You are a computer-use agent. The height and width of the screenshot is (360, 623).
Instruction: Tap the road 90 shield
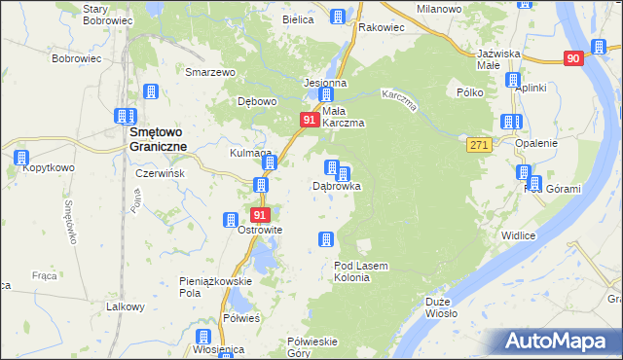[x=572, y=58]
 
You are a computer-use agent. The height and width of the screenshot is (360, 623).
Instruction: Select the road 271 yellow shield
[x=477, y=144]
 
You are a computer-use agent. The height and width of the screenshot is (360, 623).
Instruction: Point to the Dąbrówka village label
[x=337, y=185]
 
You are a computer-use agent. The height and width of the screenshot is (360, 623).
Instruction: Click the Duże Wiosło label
[x=443, y=308]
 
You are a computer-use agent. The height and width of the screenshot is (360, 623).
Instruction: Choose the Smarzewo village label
[x=212, y=72]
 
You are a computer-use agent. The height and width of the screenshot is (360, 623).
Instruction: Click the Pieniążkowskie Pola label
[x=215, y=286]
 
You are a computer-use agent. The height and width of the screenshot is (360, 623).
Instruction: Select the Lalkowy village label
[x=126, y=306]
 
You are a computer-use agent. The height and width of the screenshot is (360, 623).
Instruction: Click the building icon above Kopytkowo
[x=20, y=156]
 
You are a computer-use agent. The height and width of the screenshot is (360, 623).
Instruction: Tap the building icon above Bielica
[x=338, y=17]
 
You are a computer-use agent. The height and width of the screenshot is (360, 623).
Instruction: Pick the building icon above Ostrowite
[x=232, y=221]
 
